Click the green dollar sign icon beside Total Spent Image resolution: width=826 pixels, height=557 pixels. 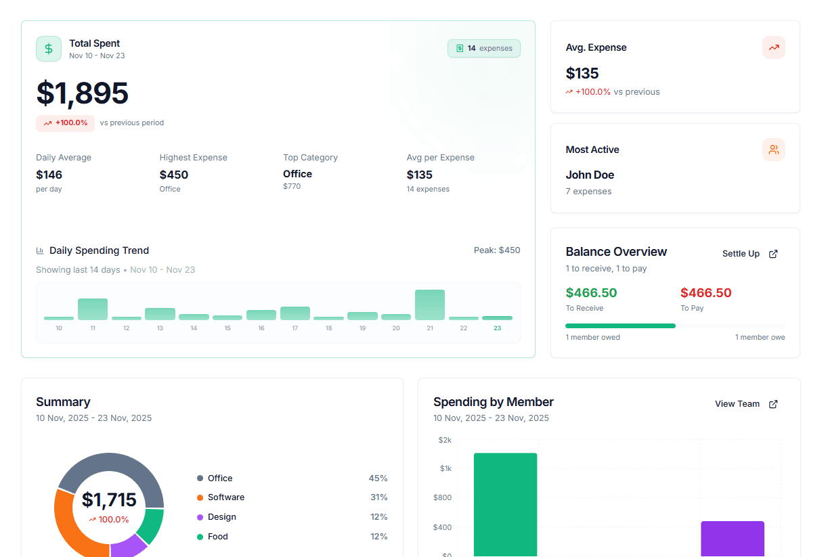49,49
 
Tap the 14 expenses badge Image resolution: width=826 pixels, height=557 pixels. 484,49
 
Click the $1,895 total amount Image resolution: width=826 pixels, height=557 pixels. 82,93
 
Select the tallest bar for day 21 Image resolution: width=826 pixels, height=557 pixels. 430,305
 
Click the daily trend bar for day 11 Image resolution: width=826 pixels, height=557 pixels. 93,309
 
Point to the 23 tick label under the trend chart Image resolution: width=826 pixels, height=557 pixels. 497,328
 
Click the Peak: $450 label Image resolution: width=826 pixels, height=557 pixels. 497,250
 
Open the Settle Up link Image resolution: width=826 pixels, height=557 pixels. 749,254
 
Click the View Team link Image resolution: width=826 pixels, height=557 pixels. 745,404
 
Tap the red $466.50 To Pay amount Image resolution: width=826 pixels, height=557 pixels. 705,293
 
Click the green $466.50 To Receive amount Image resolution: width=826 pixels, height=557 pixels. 591,293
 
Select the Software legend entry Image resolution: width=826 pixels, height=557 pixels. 225,497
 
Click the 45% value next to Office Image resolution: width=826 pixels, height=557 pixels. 378,478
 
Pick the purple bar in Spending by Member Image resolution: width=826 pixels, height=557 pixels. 732,539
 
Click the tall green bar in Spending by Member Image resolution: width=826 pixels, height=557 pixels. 505,504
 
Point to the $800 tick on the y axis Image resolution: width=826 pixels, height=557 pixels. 442,498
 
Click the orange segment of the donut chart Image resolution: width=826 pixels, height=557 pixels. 70,528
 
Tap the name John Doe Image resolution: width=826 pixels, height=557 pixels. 590,175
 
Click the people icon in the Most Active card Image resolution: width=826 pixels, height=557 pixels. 773,150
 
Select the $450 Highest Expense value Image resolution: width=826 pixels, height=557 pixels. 174,175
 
